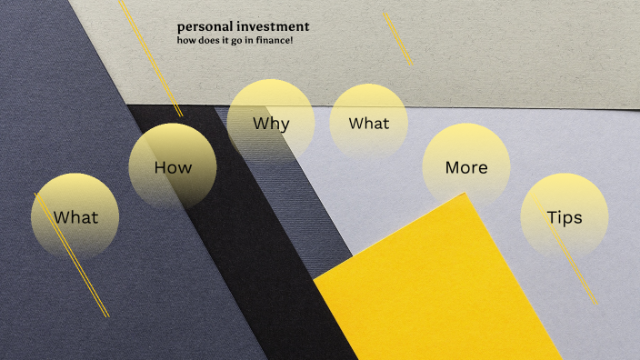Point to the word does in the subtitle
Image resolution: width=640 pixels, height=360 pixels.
pyautogui.click(x=209, y=40)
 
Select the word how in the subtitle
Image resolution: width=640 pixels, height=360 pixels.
pyautogui.click(x=186, y=40)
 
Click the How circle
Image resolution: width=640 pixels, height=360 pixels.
pyautogui.click(x=173, y=167)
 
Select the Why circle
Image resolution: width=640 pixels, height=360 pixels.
pyautogui.click(x=271, y=123)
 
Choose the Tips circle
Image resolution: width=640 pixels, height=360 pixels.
pyautogui.click(x=565, y=217)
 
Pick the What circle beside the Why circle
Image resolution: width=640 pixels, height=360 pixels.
pyautogui.click(x=368, y=124)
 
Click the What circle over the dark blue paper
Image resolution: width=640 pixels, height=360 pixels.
pyautogui.click(x=75, y=217)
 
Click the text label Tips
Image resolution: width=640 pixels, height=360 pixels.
pyautogui.click(x=565, y=217)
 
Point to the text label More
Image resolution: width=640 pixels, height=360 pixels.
pyautogui.click(x=466, y=167)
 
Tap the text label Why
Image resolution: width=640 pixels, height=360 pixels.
pyautogui.click(x=271, y=123)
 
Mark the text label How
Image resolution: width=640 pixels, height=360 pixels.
pyautogui.click(x=173, y=167)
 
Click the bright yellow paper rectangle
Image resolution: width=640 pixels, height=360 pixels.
pyautogui.click(x=436, y=291)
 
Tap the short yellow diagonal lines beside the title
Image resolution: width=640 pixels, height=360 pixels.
pyautogui.click(x=397, y=38)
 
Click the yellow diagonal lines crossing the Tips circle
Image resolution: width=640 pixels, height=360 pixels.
pyautogui.click(x=582, y=273)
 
